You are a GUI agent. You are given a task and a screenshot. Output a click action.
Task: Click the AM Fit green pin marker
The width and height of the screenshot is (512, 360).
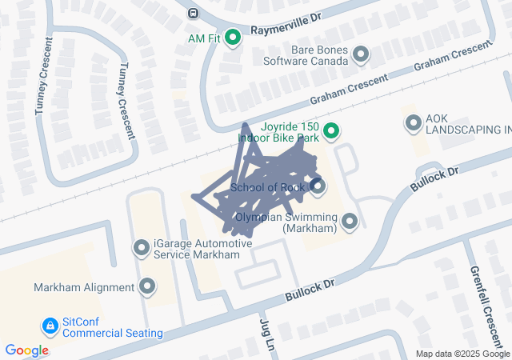point(233,37)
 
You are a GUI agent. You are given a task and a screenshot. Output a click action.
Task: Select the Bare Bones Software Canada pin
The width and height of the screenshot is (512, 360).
point(361,54)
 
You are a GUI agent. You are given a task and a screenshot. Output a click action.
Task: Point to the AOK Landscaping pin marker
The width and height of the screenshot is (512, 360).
point(413,123)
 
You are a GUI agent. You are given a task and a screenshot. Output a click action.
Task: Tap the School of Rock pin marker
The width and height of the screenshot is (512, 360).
point(318,187)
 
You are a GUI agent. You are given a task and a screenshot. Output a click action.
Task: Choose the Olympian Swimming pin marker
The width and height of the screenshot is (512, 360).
point(349,221)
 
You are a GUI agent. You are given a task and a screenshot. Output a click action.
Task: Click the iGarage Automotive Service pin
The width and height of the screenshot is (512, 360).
point(142,249)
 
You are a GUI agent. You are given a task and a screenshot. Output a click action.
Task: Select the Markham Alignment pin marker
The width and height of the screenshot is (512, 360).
point(147,286)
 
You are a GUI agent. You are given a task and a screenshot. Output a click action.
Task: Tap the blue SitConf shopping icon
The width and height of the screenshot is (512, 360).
point(50,326)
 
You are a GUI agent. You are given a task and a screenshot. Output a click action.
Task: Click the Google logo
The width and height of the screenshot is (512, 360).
point(27,350)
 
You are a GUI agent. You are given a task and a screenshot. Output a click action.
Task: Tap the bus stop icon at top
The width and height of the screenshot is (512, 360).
point(193,13)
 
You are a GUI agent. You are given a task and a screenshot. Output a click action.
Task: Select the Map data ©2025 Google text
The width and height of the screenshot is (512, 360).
point(462,354)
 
